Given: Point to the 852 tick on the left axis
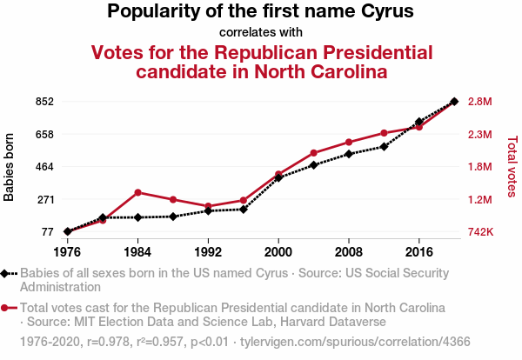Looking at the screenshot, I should [x=44, y=102].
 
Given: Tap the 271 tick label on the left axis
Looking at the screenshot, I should [x=44, y=199].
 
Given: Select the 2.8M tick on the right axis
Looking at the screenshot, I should [x=481, y=102].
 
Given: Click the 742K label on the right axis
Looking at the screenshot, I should [x=482, y=232].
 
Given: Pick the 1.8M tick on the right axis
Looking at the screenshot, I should [x=481, y=167].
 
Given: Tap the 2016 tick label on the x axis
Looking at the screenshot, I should [x=419, y=252].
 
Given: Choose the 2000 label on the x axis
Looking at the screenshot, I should [x=278, y=252].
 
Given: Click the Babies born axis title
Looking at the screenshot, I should [x=10, y=167].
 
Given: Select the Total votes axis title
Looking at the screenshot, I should [x=512, y=167].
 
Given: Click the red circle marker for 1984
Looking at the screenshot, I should [x=137, y=192].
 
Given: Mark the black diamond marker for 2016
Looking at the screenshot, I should [x=419, y=122].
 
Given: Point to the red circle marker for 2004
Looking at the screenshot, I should [x=313, y=153].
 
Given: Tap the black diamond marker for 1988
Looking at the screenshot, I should [x=173, y=217].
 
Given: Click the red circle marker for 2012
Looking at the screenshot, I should [x=384, y=133].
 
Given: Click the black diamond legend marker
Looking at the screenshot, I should [x=6, y=273].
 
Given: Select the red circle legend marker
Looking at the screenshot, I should [x=6, y=308].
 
